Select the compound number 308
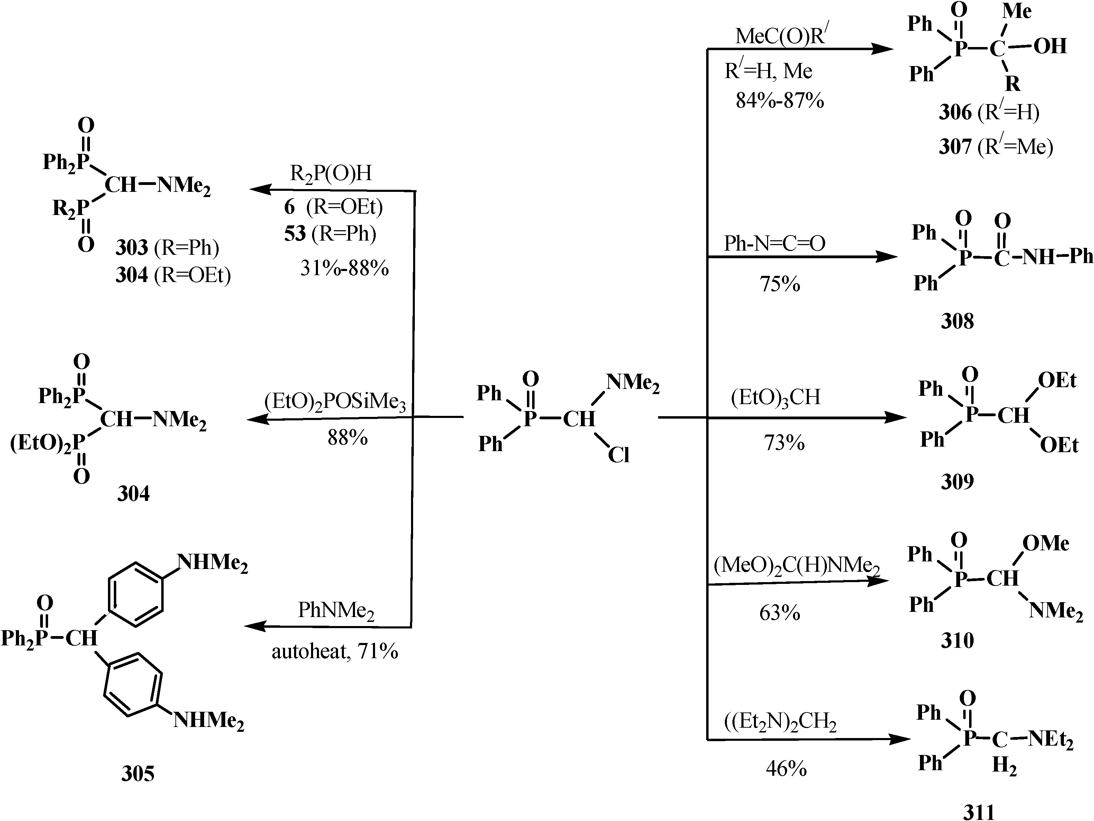pyautogui.click(x=957, y=321)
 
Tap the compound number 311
pyautogui.click(x=979, y=812)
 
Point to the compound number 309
pyautogui.click(x=957, y=482)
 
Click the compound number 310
pyautogui.click(x=957, y=641)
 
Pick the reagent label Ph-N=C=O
pyautogui.click(x=775, y=243)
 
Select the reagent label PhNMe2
pyautogui.click(x=336, y=611)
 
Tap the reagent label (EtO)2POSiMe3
pyautogui.click(x=335, y=402)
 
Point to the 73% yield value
pyautogui.click(x=784, y=442)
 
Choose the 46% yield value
pyautogui.click(x=786, y=768)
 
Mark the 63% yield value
pyautogui.click(x=780, y=613)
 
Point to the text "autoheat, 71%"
pyautogui.click(x=335, y=652)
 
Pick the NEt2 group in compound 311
pyautogui.click(x=1050, y=740)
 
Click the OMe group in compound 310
pyautogui.click(x=1046, y=544)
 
